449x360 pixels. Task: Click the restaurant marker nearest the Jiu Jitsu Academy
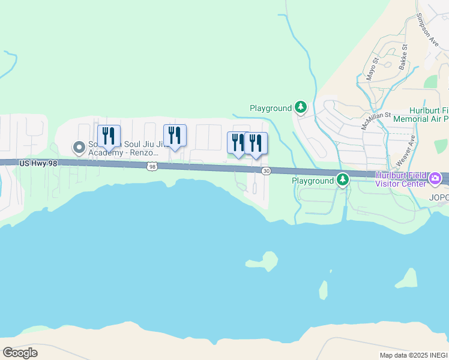click(109, 136)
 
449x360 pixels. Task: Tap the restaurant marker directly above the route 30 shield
click(256, 143)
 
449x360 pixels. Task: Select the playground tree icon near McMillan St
click(301, 108)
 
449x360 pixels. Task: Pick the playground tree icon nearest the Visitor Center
click(342, 179)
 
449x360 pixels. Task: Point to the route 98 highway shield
click(153, 167)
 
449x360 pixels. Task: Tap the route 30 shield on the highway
click(266, 171)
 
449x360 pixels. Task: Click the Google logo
click(20, 353)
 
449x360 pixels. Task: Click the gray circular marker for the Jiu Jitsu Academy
click(78, 147)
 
